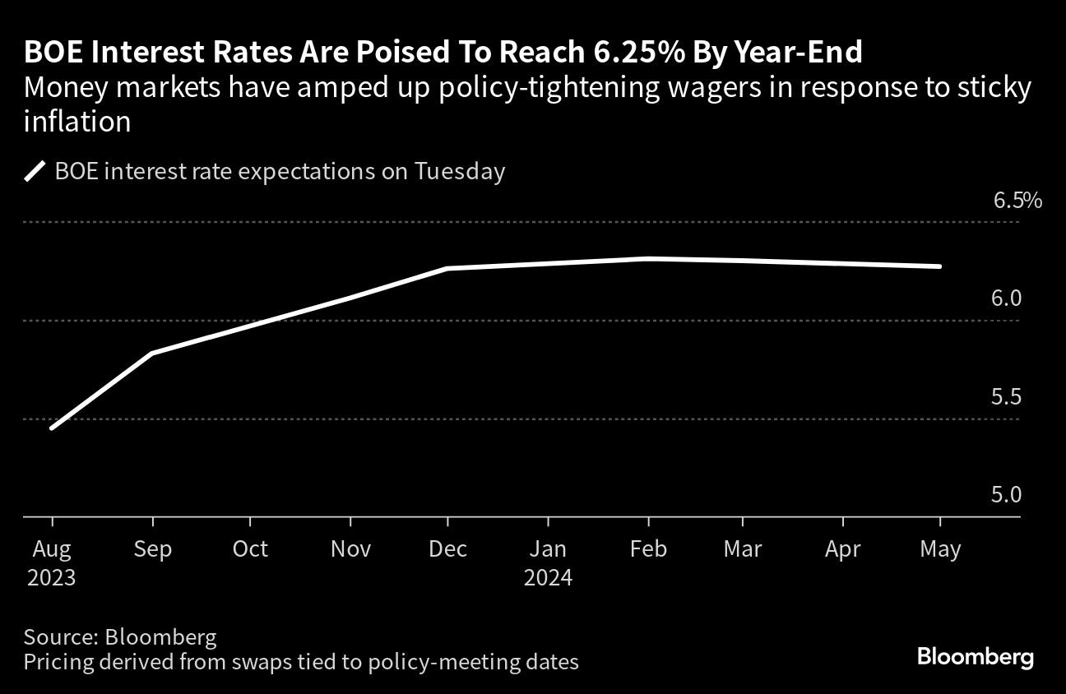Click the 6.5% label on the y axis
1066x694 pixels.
click(1017, 201)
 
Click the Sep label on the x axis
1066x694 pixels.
click(152, 549)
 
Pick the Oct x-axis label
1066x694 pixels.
click(250, 548)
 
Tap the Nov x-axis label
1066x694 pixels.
click(351, 548)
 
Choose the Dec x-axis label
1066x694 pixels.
click(447, 548)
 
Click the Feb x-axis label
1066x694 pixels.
click(649, 548)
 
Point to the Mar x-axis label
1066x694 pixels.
click(743, 548)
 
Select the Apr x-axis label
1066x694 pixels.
click(843, 549)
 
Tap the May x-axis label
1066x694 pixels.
click(940, 549)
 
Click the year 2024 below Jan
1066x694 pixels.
click(548, 578)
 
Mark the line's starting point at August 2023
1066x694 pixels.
click(53, 428)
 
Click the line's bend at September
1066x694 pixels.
click(152, 353)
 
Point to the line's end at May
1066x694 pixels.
click(939, 266)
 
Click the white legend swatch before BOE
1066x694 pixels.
click(35, 171)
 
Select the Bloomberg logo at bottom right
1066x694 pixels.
click(976, 658)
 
